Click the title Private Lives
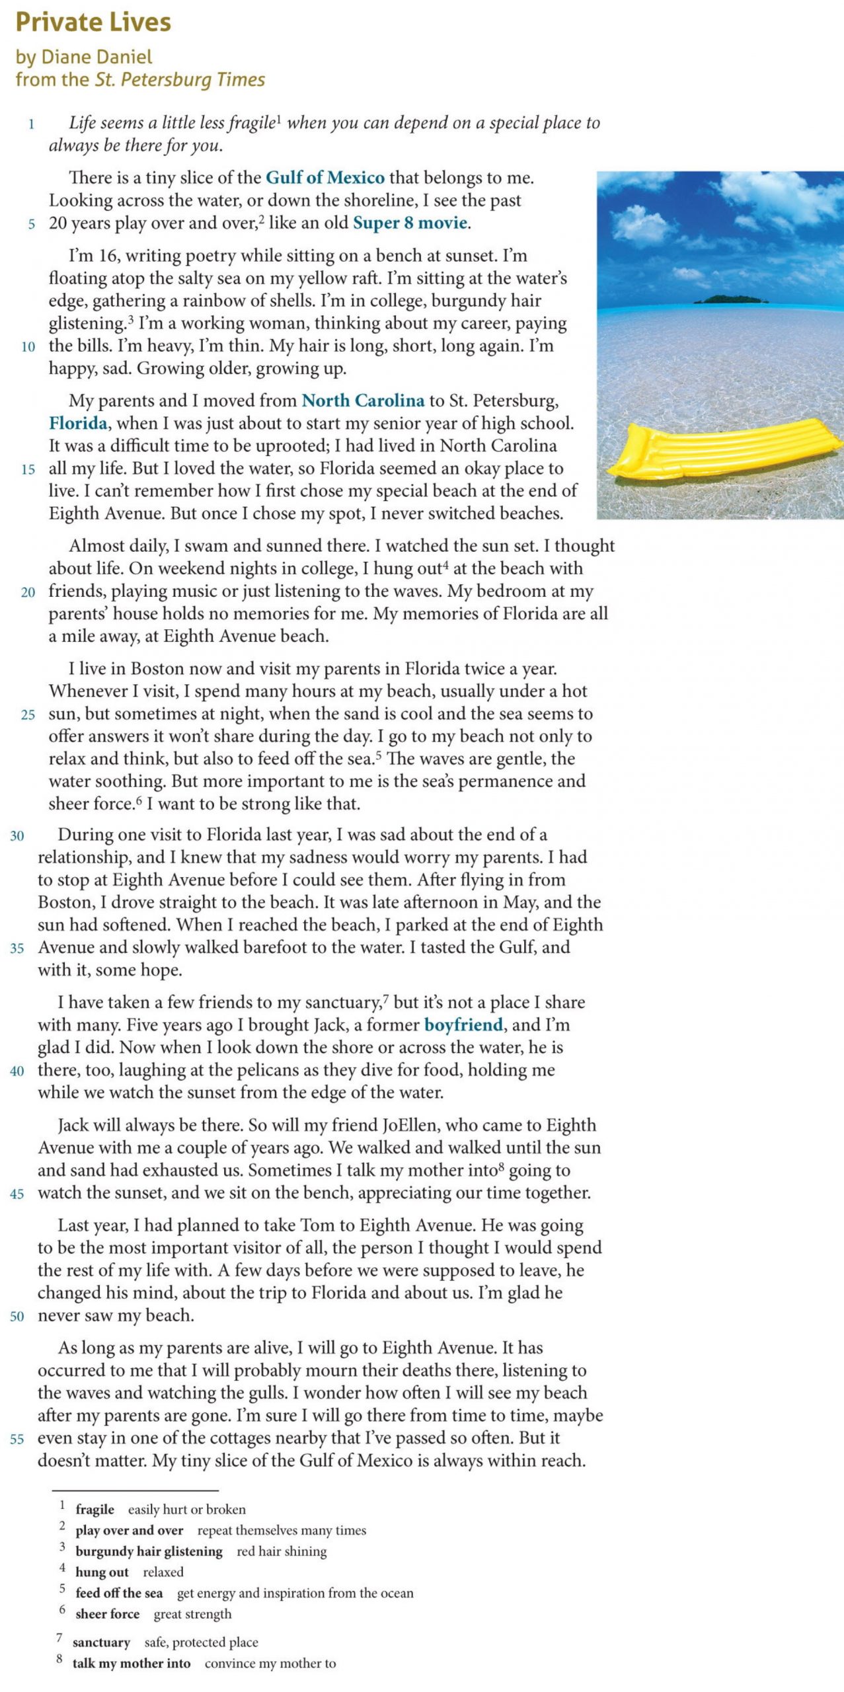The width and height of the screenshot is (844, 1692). pyautogui.click(x=93, y=22)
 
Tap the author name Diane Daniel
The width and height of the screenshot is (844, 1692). pyautogui.click(x=96, y=57)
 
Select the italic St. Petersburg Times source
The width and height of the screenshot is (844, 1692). pyautogui.click(x=180, y=79)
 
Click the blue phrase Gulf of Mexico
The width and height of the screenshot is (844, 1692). pyautogui.click(x=325, y=177)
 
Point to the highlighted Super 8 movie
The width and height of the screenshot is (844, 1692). pyautogui.click(x=410, y=223)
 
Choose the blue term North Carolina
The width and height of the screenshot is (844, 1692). pyautogui.click(x=363, y=401)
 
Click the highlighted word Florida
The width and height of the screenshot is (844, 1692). pyautogui.click(x=78, y=423)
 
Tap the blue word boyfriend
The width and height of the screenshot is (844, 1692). pyautogui.click(x=463, y=1024)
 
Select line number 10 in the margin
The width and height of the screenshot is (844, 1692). pyautogui.click(x=28, y=346)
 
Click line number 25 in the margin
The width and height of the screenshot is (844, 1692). pyautogui.click(x=28, y=714)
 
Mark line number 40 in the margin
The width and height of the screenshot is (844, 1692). pyautogui.click(x=17, y=1071)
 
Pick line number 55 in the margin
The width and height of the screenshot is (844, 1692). pyautogui.click(x=17, y=1439)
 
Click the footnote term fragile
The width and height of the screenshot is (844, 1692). pyautogui.click(x=95, y=1509)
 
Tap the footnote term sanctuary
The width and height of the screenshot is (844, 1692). pyautogui.click(x=101, y=1642)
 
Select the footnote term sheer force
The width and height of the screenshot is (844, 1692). pyautogui.click(x=107, y=1613)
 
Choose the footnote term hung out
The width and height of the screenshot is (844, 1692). pyautogui.click(x=102, y=1572)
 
